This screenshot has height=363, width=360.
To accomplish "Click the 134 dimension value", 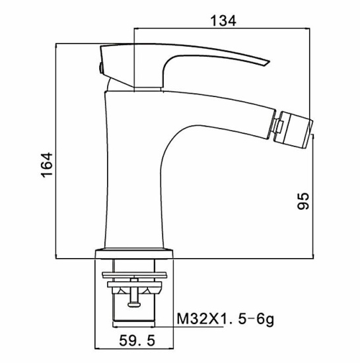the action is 223,20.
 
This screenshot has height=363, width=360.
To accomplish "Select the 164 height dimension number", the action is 47,165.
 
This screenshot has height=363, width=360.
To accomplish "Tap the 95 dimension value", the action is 303,201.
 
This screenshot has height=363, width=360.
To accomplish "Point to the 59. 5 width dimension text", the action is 137,341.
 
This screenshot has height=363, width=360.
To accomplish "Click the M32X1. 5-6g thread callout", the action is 225,319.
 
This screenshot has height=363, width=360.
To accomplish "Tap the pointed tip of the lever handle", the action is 270,62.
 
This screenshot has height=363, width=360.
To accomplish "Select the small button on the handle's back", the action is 101,68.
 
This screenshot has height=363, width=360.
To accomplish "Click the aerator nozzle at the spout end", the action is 294,129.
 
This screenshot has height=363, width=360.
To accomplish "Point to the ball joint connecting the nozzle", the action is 276,125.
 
